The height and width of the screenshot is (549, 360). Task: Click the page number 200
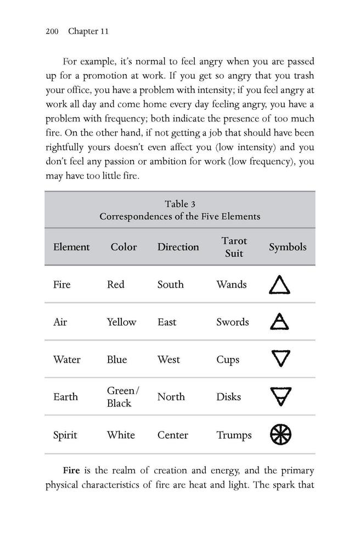click(x=52, y=31)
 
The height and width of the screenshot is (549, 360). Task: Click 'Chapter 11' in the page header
click(x=88, y=31)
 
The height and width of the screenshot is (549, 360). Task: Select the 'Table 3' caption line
click(x=180, y=204)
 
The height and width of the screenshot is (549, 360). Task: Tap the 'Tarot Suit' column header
click(x=234, y=247)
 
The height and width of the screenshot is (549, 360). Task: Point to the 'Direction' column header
click(x=178, y=247)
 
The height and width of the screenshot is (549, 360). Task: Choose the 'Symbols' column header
click(x=288, y=247)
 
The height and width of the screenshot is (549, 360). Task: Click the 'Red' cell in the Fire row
click(x=116, y=284)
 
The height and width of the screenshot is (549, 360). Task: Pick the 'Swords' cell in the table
click(x=233, y=322)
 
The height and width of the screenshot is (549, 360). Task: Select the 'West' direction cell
click(x=168, y=360)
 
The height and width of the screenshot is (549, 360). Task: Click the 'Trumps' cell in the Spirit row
click(x=234, y=435)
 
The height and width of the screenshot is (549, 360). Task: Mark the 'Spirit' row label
click(x=65, y=435)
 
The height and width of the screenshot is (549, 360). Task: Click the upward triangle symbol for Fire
click(x=280, y=285)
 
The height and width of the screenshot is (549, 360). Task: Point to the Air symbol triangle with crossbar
click(x=280, y=322)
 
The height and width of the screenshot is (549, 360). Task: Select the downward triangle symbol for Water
click(x=280, y=359)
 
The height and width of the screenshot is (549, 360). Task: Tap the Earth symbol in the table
click(x=280, y=396)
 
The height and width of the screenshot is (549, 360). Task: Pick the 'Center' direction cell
click(x=173, y=435)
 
